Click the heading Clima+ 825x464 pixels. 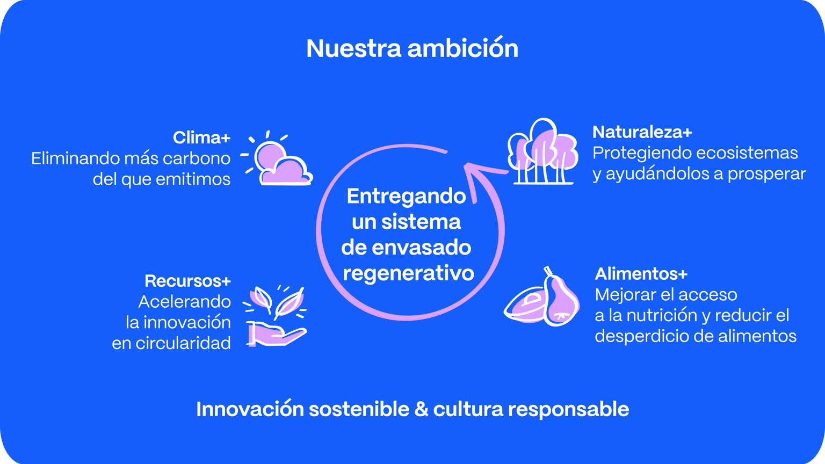pyautogui.click(x=202, y=137)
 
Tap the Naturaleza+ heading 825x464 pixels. pyautogui.click(x=642, y=132)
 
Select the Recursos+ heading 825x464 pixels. pyautogui.click(x=188, y=281)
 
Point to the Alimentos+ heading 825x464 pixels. pyautogui.click(x=641, y=274)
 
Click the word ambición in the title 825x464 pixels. pyautogui.click(x=463, y=48)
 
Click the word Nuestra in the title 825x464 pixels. pyautogui.click(x=353, y=49)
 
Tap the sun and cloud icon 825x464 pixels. pyautogui.click(x=277, y=158)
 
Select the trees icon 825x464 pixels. pyautogui.click(x=542, y=151)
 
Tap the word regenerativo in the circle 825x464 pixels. pyautogui.click(x=408, y=273)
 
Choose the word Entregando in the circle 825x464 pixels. pyautogui.click(x=406, y=196)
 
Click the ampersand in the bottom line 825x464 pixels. pyautogui.click(x=421, y=410)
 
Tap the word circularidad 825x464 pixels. pyautogui.click(x=183, y=344)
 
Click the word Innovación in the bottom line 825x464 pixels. pyautogui.click(x=250, y=409)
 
